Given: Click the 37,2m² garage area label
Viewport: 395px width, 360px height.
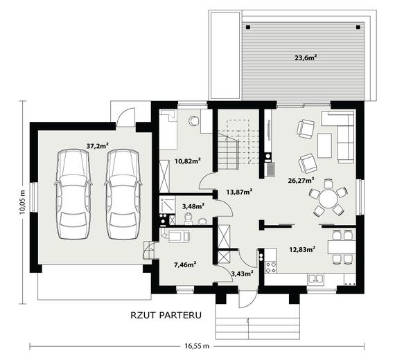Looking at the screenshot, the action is click(97, 146).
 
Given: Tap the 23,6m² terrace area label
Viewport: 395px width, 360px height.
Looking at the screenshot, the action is click(306, 58).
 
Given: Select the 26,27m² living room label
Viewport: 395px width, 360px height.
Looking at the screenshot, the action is click(301, 181).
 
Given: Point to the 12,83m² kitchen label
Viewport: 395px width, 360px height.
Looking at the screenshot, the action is click(303, 249).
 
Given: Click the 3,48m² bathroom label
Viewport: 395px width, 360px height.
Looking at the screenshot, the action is click(193, 206).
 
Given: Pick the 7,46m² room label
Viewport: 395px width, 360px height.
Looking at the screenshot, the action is click(185, 264).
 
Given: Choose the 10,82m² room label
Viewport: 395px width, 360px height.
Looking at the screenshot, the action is click(188, 161).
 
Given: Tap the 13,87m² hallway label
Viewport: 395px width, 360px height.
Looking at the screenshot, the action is click(239, 192).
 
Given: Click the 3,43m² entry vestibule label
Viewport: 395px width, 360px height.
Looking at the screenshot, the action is click(242, 273).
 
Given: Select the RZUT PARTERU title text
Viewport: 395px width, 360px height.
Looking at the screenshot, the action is click(166, 316).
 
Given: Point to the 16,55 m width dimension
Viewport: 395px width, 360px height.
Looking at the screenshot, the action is click(197, 346).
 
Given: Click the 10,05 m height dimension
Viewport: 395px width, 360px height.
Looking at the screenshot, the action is click(23, 202).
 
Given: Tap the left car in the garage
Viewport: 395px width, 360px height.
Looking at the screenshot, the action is click(73, 194).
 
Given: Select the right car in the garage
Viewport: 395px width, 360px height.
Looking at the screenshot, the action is click(123, 194).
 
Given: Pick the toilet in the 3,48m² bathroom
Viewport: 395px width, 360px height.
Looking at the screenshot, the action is click(188, 218).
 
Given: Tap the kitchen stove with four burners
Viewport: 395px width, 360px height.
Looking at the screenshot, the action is click(271, 268).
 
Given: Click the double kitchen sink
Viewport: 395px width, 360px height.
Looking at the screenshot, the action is click(315, 280).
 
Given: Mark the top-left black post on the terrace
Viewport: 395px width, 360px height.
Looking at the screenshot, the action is click(248, 27).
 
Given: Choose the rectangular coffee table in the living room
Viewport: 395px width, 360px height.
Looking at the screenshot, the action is click(324, 145).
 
